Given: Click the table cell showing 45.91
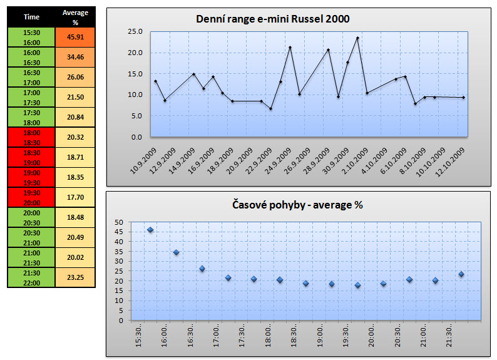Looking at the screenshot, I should click(75, 37).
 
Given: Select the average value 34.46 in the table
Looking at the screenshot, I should click(75, 57).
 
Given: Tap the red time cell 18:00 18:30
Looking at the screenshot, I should click(31, 137).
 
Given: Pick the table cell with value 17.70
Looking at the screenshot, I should click(75, 197).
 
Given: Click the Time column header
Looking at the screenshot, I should click(31, 18).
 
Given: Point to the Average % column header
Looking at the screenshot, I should click(75, 18).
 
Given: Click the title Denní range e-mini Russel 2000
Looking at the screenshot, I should click(273, 19).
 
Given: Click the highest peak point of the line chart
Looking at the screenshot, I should click(357, 38).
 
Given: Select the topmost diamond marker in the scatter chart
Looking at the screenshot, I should click(150, 230).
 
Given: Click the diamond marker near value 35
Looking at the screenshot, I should click(176, 252).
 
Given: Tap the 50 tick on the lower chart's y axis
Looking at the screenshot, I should click(119, 222).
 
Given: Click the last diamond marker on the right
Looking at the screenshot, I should click(461, 274).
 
